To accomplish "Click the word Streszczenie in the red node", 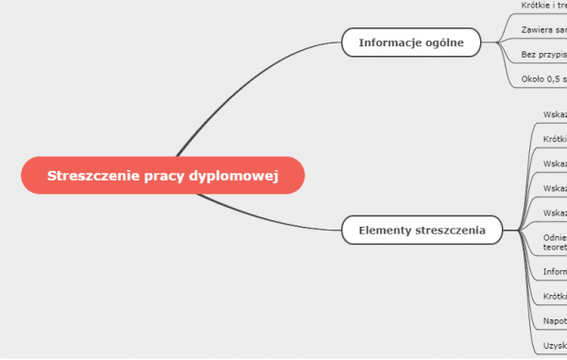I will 90,176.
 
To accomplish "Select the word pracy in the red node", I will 164,176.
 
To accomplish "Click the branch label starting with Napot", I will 555,321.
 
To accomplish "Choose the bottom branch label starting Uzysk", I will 555,347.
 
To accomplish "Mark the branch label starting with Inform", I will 555,272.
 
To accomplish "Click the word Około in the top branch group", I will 531,79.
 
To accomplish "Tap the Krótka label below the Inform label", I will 555,297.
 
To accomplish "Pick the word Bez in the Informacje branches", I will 527,55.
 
